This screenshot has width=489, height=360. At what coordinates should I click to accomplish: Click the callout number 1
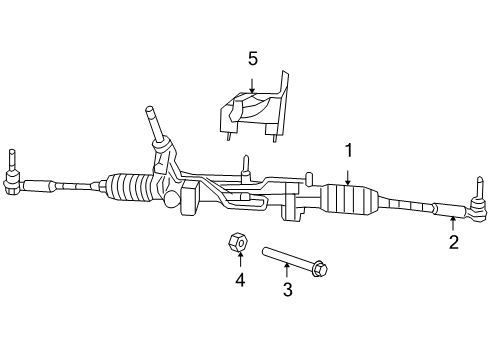point(349,151)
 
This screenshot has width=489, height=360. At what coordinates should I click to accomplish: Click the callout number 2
point(453,242)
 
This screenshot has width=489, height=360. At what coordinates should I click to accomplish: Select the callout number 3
point(287,290)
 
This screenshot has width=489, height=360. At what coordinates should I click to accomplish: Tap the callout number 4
point(240,281)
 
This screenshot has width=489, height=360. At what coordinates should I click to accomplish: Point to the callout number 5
point(253,58)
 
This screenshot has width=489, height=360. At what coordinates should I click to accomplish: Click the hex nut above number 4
point(238,243)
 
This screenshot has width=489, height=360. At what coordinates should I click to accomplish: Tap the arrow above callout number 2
point(453,222)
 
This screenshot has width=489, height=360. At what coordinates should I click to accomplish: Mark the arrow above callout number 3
point(287,270)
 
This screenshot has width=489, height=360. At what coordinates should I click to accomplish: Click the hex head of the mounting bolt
point(319,268)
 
